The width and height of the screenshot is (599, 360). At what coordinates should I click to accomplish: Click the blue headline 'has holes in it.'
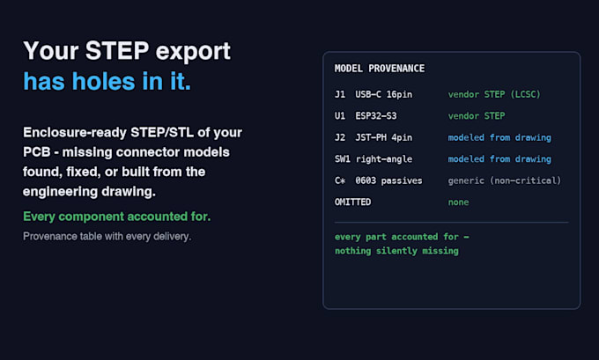coord(107,81)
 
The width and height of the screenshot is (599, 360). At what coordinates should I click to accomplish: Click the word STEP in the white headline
coord(117,50)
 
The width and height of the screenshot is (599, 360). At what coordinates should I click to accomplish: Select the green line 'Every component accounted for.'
coord(116,217)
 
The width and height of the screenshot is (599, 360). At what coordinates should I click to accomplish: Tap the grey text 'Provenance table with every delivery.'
coord(107,236)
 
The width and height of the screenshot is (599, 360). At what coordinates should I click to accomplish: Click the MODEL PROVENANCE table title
coord(380,69)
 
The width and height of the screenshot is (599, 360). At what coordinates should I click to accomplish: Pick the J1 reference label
coord(340,94)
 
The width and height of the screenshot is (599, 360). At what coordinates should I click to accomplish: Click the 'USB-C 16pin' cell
coord(383,94)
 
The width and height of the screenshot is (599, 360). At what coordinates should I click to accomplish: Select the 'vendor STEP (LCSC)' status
coord(494,94)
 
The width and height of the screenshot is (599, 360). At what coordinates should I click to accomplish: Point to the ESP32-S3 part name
coord(376,115)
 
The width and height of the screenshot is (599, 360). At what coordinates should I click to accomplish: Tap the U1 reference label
coord(340,115)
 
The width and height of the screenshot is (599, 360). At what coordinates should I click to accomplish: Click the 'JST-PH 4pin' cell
coord(383,137)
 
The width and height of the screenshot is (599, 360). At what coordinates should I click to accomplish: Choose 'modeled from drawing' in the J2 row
coord(499,137)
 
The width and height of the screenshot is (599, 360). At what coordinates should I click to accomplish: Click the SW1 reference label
coord(343,158)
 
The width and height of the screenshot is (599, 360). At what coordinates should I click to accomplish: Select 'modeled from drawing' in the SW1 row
coord(499,158)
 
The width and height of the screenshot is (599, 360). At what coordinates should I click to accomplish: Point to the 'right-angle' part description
coord(383,159)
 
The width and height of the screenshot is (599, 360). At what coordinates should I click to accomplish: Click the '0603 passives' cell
coord(388,180)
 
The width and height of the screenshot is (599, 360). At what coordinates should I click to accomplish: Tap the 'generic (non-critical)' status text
coord(505,180)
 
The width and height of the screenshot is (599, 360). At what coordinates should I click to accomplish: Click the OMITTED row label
coord(352,202)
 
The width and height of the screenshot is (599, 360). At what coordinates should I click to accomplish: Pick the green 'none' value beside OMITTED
coord(458,202)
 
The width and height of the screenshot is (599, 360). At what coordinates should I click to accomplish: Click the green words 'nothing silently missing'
coord(396,251)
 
